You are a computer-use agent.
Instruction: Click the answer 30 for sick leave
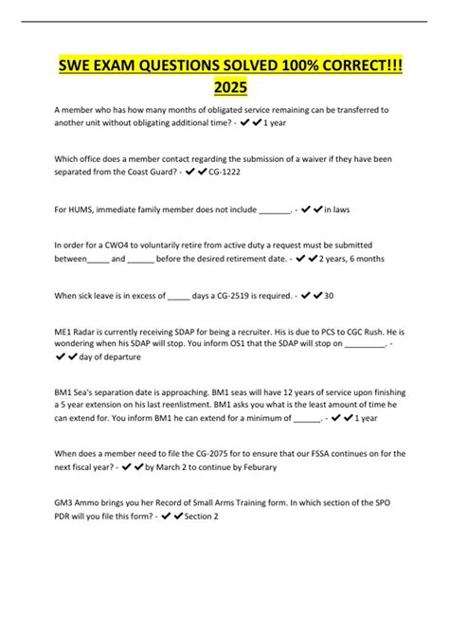pyautogui.click(x=329, y=297)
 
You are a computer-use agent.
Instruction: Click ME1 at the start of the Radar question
pyautogui.click(x=63, y=327)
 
